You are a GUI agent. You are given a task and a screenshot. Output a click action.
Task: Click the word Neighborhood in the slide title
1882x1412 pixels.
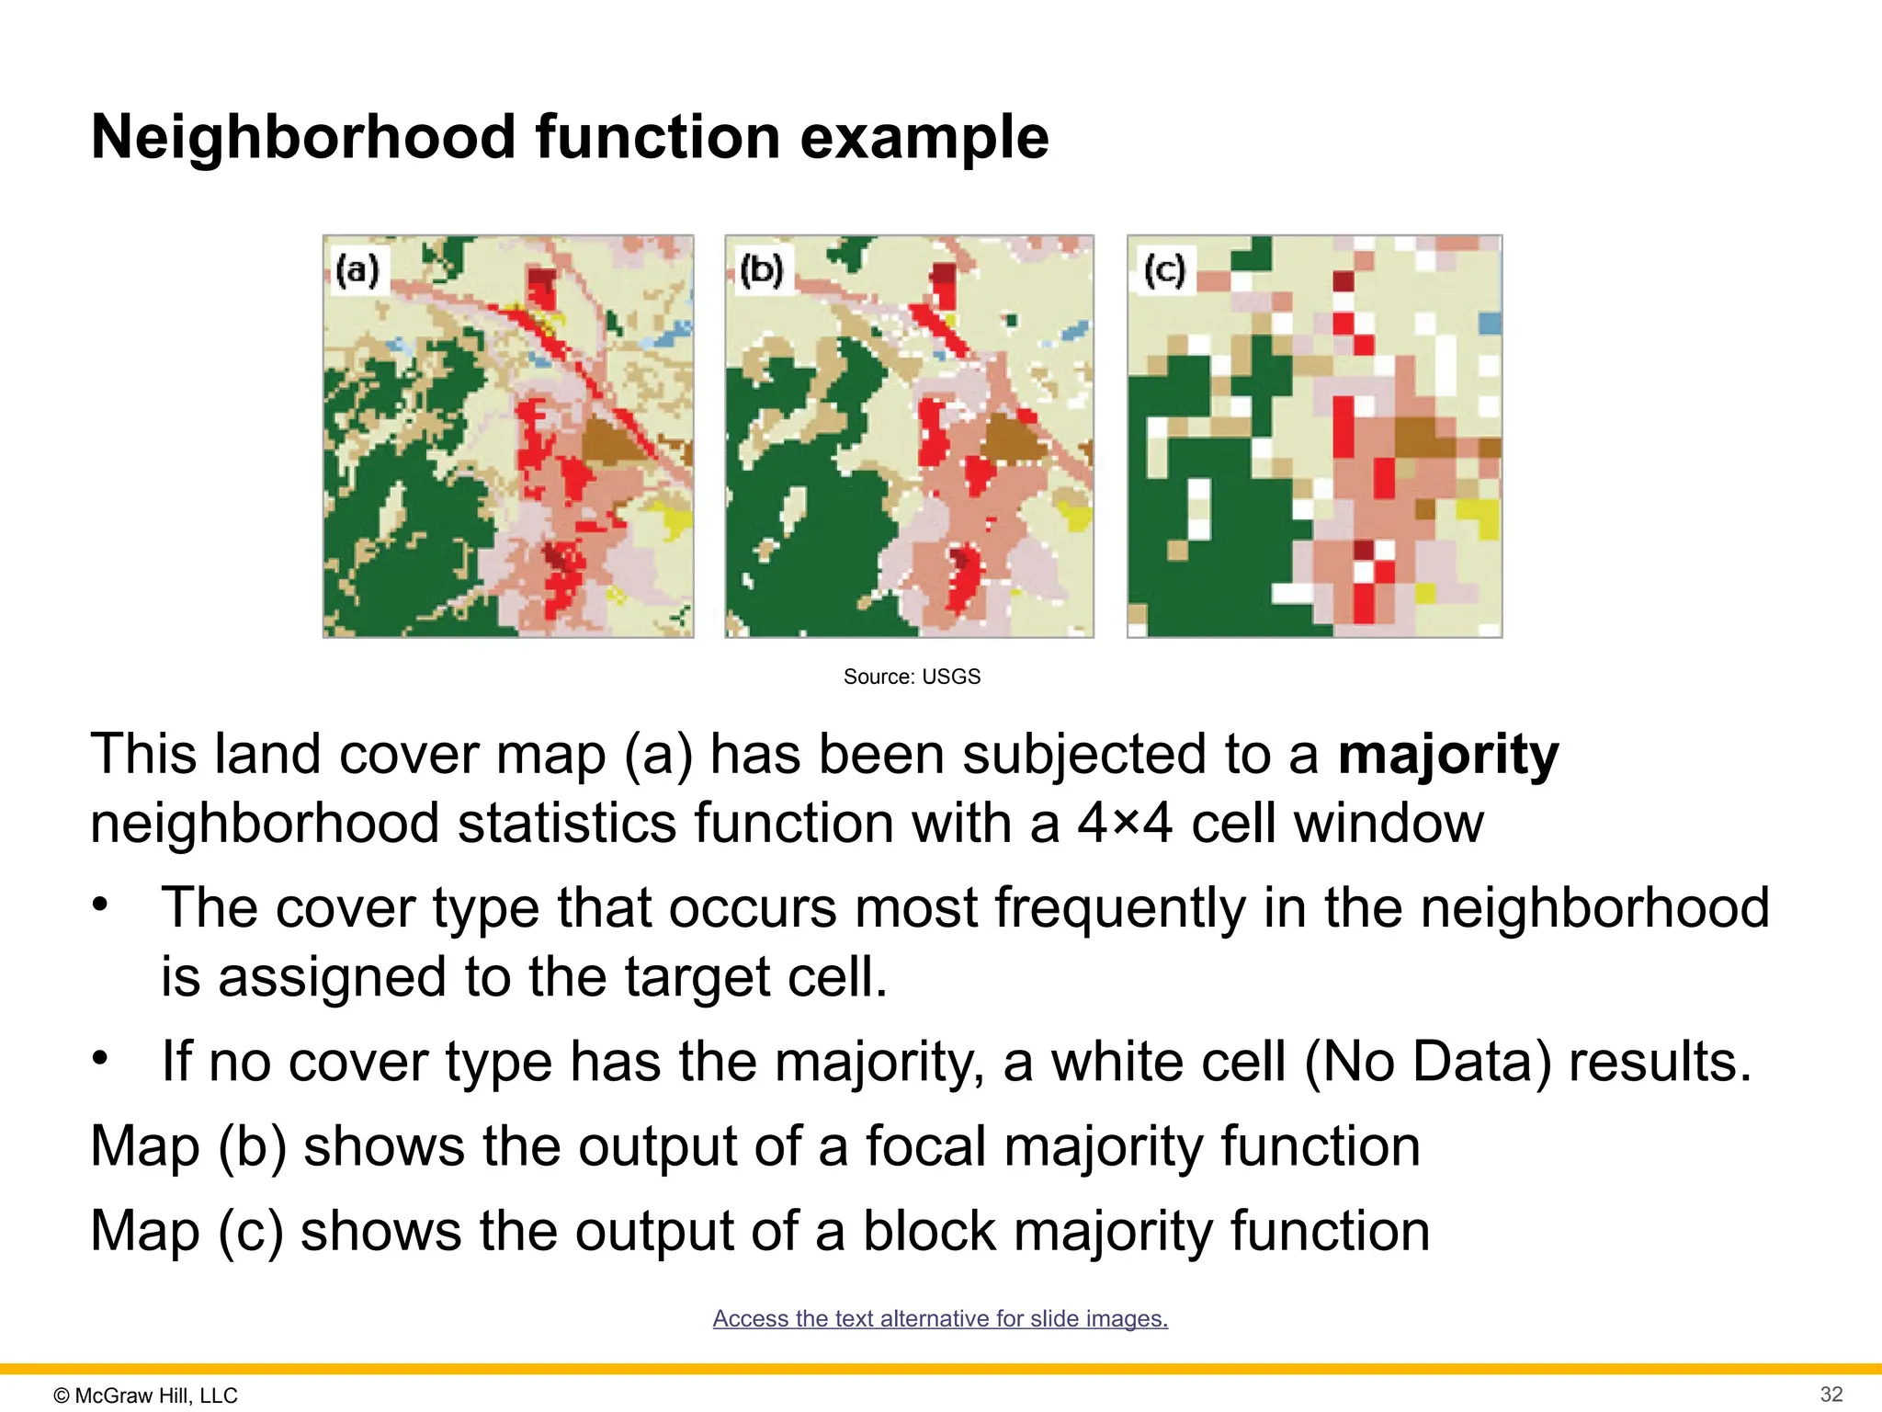coord(304,138)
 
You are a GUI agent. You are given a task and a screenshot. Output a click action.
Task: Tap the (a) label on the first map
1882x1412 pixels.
coord(357,270)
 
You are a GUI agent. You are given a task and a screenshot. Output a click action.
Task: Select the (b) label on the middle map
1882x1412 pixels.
coord(761,270)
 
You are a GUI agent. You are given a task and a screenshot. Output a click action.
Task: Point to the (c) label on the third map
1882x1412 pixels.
coord(1164,270)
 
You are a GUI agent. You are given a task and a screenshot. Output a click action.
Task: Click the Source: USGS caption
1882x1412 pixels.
coord(912,677)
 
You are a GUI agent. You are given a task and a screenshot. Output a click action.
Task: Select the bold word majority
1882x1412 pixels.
coord(1447,755)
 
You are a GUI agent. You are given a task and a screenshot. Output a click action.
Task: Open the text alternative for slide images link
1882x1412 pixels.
coord(940,1318)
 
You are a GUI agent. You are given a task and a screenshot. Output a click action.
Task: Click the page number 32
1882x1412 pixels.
coord(1831,1394)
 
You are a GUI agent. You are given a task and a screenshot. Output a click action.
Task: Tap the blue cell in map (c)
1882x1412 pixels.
coord(1490,323)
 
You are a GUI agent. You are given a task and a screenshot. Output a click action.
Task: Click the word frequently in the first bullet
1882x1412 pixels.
coord(1119,908)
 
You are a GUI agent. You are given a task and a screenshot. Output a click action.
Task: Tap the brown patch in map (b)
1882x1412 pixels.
coord(1014,438)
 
